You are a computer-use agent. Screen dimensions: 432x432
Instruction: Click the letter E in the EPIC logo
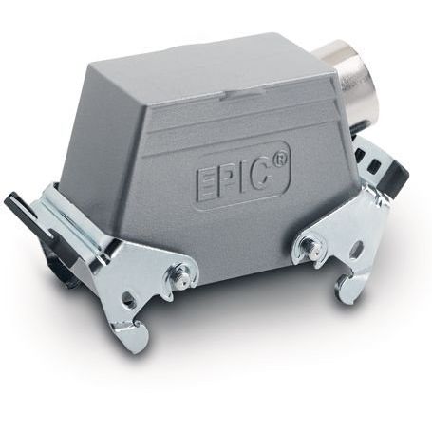coord(204,184)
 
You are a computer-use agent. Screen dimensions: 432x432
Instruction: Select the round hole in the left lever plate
coord(129,298)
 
